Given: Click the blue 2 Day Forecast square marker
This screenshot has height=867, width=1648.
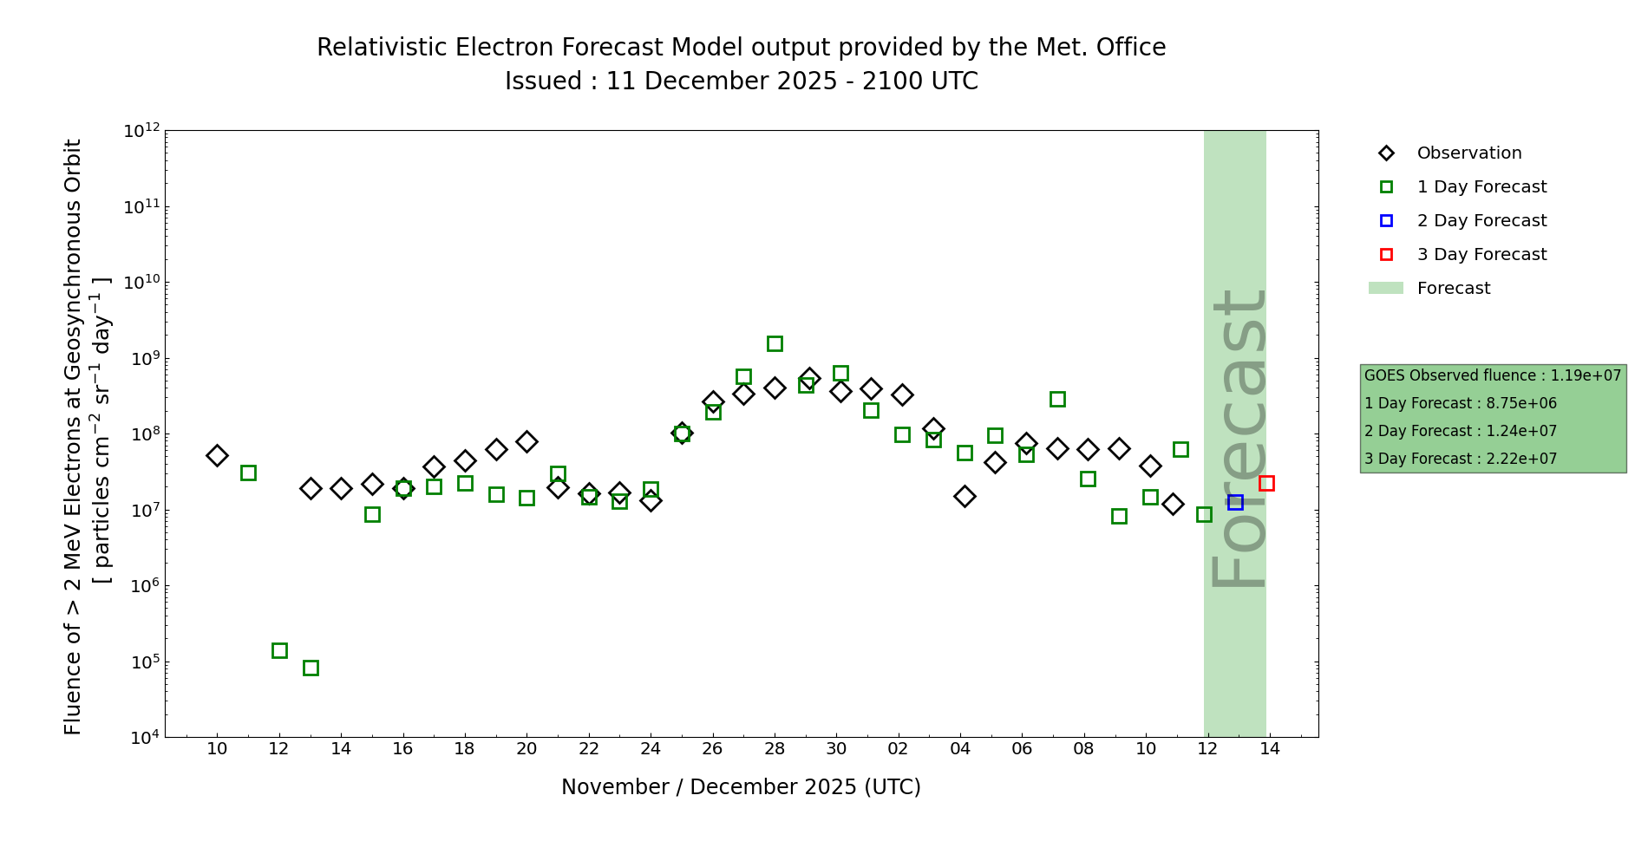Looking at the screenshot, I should pyautogui.click(x=1235, y=502).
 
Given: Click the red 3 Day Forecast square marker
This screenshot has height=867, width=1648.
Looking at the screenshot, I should pyautogui.click(x=1266, y=483).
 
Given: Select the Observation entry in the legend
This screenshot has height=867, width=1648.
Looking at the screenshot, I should pyautogui.click(x=1468, y=153).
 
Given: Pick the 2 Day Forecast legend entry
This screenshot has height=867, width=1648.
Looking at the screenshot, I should pyautogui.click(x=1481, y=221).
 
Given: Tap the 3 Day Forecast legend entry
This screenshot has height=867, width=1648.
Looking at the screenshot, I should pyautogui.click(x=1481, y=255).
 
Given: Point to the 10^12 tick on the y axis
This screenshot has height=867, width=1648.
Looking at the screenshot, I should pyautogui.click(x=142, y=131).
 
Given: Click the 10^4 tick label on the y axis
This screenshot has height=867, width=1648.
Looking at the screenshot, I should pyautogui.click(x=142, y=738).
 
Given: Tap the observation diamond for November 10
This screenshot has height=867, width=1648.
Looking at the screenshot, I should pyautogui.click(x=217, y=455).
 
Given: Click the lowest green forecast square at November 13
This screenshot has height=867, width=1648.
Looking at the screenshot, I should pyautogui.click(x=311, y=668).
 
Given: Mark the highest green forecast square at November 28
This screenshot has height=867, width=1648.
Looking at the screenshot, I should pyautogui.click(x=775, y=343).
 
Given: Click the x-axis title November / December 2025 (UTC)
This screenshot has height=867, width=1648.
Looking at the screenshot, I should pyautogui.click(x=741, y=787).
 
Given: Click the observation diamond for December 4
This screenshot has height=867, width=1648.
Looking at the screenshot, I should pyautogui.click(x=965, y=496).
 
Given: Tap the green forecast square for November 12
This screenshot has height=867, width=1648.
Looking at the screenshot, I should pyautogui.click(x=279, y=650).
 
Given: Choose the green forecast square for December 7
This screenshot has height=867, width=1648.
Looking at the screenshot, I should pyautogui.click(x=1057, y=399).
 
